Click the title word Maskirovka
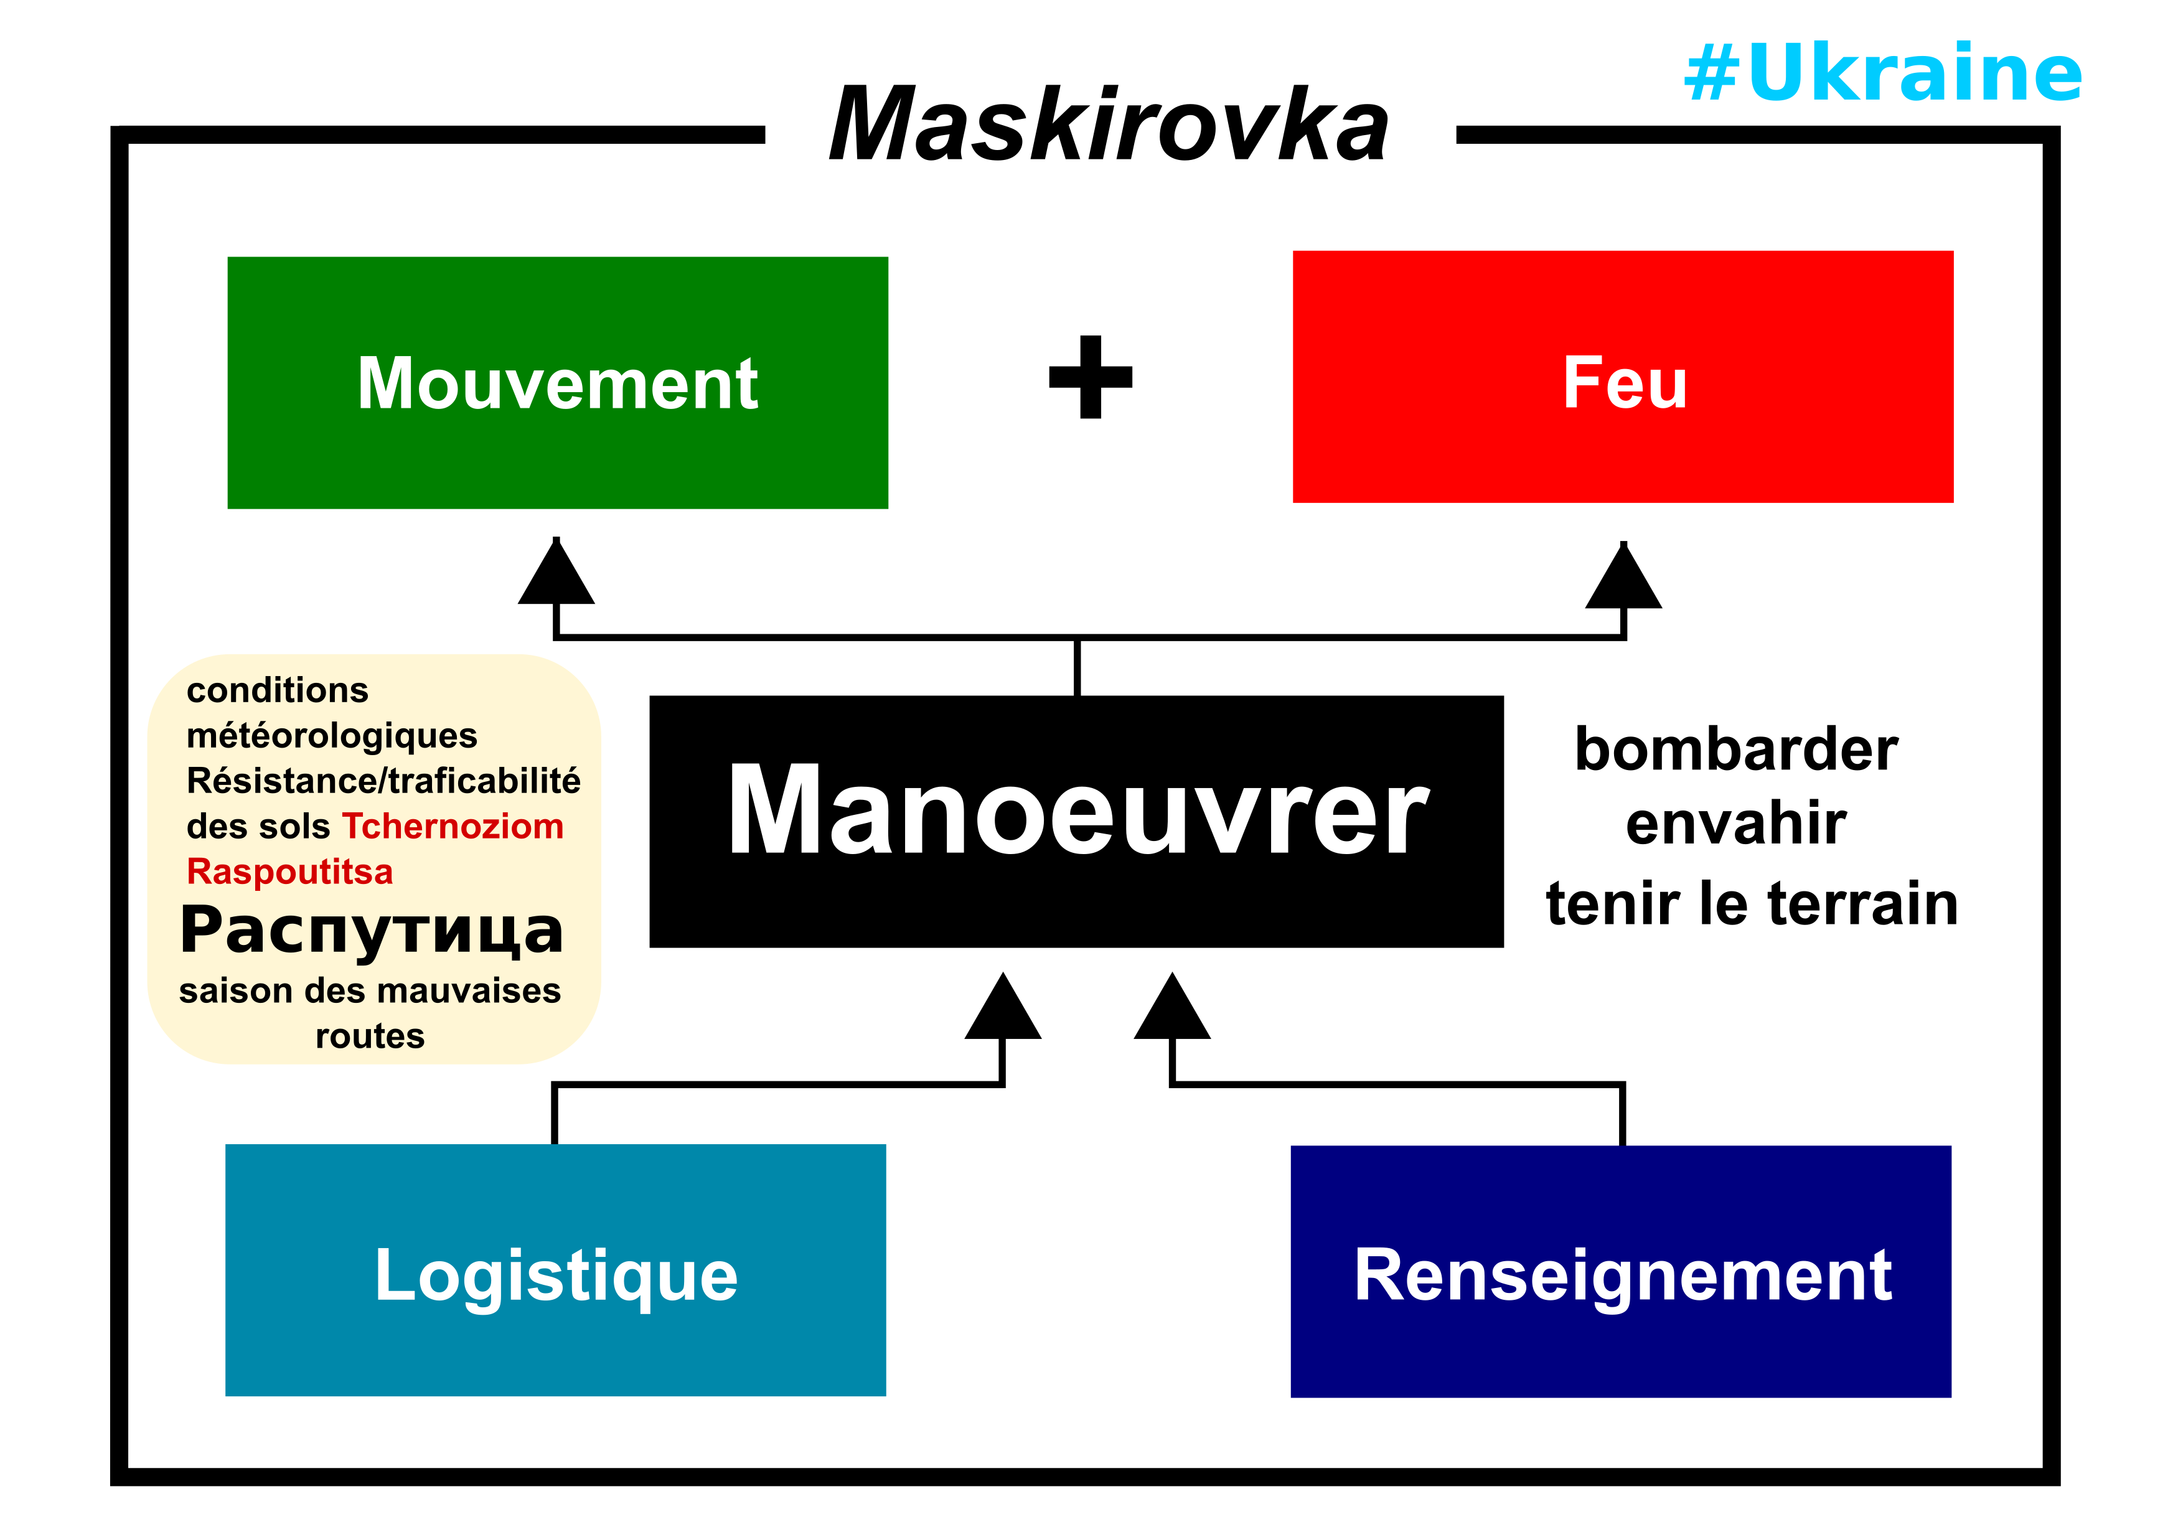point(1108,125)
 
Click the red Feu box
point(1622,377)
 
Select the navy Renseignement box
point(1620,1271)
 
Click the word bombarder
point(1736,750)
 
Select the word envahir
point(1736,824)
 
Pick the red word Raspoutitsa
point(289,872)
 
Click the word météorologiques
point(332,735)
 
